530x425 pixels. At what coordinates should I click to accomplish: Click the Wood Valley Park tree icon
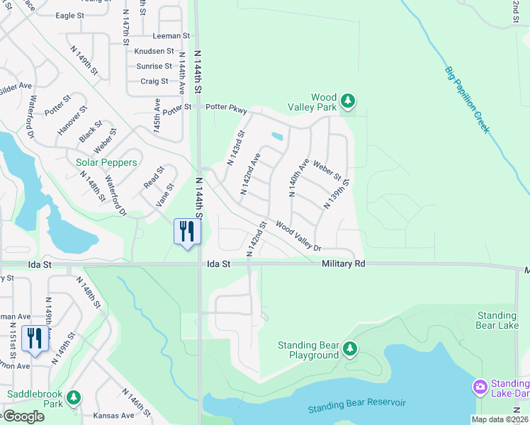pos(347,101)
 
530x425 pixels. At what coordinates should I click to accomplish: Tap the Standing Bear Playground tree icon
pos(349,348)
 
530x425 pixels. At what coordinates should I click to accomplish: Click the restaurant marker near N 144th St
pos(187,232)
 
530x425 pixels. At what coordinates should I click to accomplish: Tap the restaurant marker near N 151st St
pos(34,339)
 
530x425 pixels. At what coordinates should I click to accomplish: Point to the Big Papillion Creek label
pos(467,98)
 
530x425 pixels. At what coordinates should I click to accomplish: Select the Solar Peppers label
pos(106,162)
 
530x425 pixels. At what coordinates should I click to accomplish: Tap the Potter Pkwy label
pos(226,108)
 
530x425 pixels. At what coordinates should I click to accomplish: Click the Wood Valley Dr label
pos(298,236)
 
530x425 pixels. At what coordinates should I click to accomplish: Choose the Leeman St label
pos(171,35)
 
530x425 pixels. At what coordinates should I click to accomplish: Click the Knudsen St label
pos(154,51)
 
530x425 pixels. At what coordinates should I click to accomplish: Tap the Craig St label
pos(154,81)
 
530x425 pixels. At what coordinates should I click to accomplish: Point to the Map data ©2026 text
pos(499,419)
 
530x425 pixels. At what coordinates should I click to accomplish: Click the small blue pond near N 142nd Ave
pos(277,136)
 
